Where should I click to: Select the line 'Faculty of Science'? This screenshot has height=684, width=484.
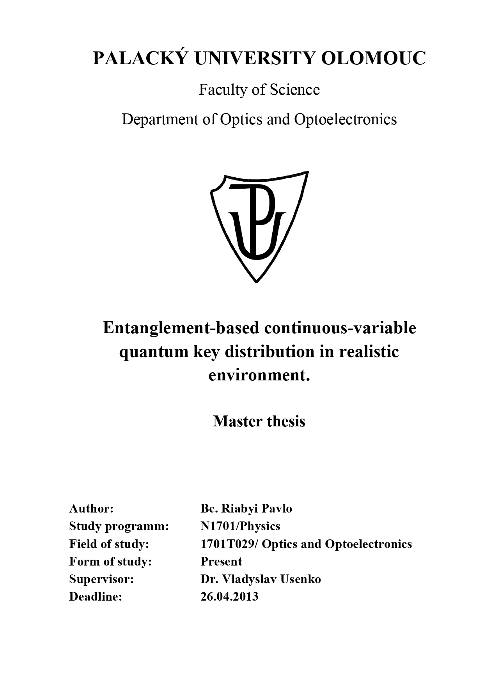tap(259, 90)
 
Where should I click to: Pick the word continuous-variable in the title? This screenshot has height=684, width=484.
tap(340, 328)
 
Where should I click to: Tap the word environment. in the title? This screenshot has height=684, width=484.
tap(259, 375)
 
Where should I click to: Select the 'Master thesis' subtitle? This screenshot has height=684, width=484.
tap(259, 421)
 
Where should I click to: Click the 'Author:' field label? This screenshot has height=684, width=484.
tap(91, 509)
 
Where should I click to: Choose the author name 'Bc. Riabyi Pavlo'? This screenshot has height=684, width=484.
tap(246, 509)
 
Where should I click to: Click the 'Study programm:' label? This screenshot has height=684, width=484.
tap(119, 526)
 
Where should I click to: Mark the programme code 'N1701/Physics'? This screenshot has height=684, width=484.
tap(240, 526)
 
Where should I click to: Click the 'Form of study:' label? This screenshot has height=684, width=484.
tap(110, 561)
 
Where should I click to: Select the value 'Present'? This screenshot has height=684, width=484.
tap(221, 561)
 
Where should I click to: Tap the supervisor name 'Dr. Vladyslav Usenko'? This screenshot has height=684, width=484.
tap(261, 579)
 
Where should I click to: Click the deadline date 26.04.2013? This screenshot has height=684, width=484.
tap(229, 596)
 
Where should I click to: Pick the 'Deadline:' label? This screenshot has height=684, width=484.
tap(96, 596)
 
